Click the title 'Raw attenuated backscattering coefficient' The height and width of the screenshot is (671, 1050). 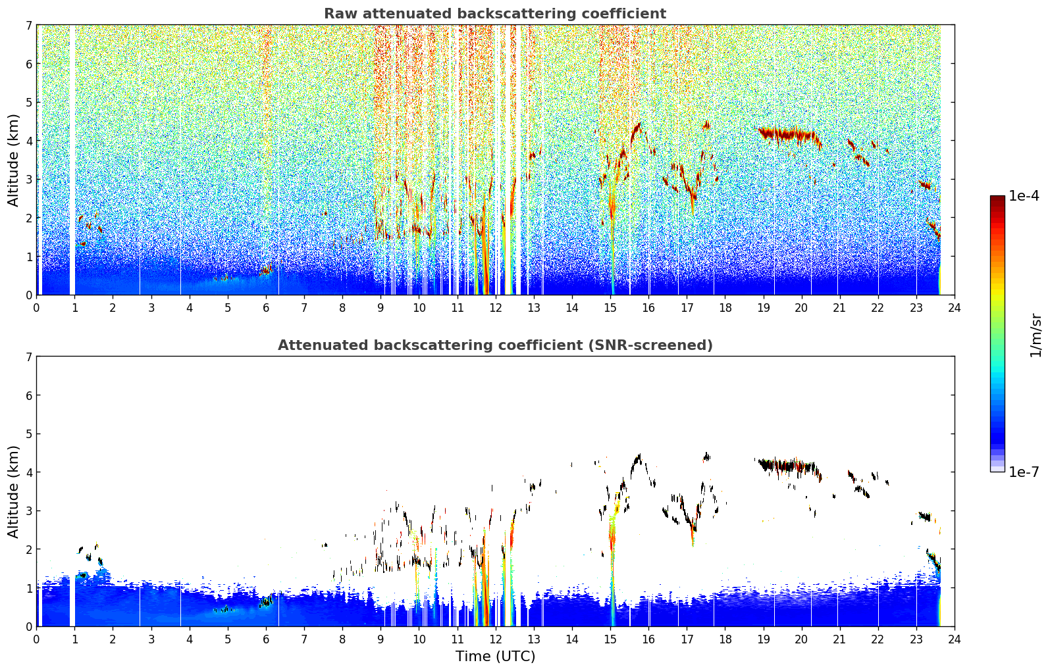click(x=495, y=14)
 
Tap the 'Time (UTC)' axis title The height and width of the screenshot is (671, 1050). click(x=495, y=656)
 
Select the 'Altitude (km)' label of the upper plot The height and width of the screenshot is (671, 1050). click(x=13, y=160)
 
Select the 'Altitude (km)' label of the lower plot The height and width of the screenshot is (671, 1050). click(x=13, y=491)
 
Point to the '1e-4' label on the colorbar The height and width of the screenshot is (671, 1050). click(x=1024, y=196)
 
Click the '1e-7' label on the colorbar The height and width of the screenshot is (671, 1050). click(x=1024, y=472)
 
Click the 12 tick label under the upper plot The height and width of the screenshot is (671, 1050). click(x=496, y=308)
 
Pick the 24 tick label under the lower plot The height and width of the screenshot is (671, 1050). click(x=955, y=639)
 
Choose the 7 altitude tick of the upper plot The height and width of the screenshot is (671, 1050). click(x=29, y=25)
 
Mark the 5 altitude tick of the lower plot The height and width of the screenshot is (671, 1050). click(x=29, y=434)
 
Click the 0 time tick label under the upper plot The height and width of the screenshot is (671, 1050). click(x=37, y=308)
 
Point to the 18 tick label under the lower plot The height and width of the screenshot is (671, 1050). click(x=725, y=639)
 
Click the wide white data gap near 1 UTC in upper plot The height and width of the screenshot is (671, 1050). click(x=72, y=160)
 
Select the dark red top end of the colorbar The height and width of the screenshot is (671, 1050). click(x=997, y=199)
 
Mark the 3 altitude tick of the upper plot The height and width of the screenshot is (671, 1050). click(x=29, y=179)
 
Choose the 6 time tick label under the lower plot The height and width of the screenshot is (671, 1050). click(x=266, y=639)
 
